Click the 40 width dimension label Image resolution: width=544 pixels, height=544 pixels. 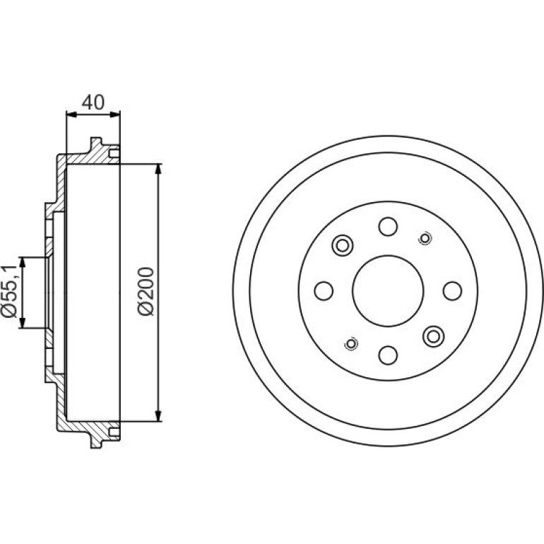(x=93, y=102)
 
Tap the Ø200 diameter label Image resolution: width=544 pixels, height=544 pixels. (x=146, y=291)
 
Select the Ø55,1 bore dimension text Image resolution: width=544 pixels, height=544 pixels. (x=9, y=291)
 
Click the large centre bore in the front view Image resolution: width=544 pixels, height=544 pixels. (x=388, y=291)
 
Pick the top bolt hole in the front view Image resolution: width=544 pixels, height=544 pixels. (x=388, y=227)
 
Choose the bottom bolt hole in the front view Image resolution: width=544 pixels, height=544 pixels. (x=388, y=355)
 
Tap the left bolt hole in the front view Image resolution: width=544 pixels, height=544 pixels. (x=324, y=291)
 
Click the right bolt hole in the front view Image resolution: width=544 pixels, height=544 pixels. (x=452, y=291)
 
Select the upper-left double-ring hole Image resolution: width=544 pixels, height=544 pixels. (x=343, y=246)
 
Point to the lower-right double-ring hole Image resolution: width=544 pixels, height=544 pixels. (x=433, y=336)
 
